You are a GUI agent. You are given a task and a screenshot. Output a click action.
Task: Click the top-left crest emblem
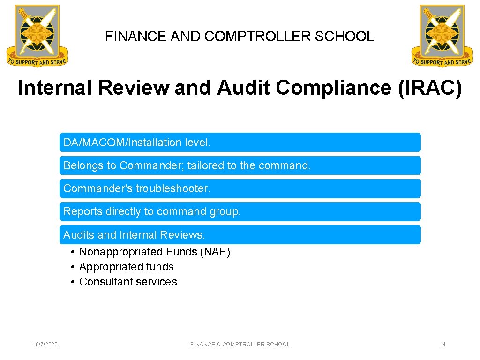pos(37,36)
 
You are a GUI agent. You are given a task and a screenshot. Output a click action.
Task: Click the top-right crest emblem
pos(442,36)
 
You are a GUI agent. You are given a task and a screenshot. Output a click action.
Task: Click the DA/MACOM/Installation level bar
pos(240,142)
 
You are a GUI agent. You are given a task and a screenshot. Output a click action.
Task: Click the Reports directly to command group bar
pos(240,211)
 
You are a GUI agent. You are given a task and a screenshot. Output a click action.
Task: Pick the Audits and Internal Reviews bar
pos(240,234)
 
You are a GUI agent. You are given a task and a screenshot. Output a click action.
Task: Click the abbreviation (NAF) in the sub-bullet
pos(215,252)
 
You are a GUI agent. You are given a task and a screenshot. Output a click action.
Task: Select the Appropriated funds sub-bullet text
pos(127,267)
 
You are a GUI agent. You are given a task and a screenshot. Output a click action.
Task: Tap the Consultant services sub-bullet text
pos(128,282)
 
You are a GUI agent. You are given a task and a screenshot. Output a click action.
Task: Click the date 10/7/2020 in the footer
pos(45,345)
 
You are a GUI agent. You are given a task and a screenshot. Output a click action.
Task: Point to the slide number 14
pos(442,345)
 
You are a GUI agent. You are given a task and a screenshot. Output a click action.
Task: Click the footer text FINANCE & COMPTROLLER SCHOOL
pos(240,345)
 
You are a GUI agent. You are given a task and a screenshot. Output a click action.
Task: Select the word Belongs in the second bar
pos(82,165)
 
